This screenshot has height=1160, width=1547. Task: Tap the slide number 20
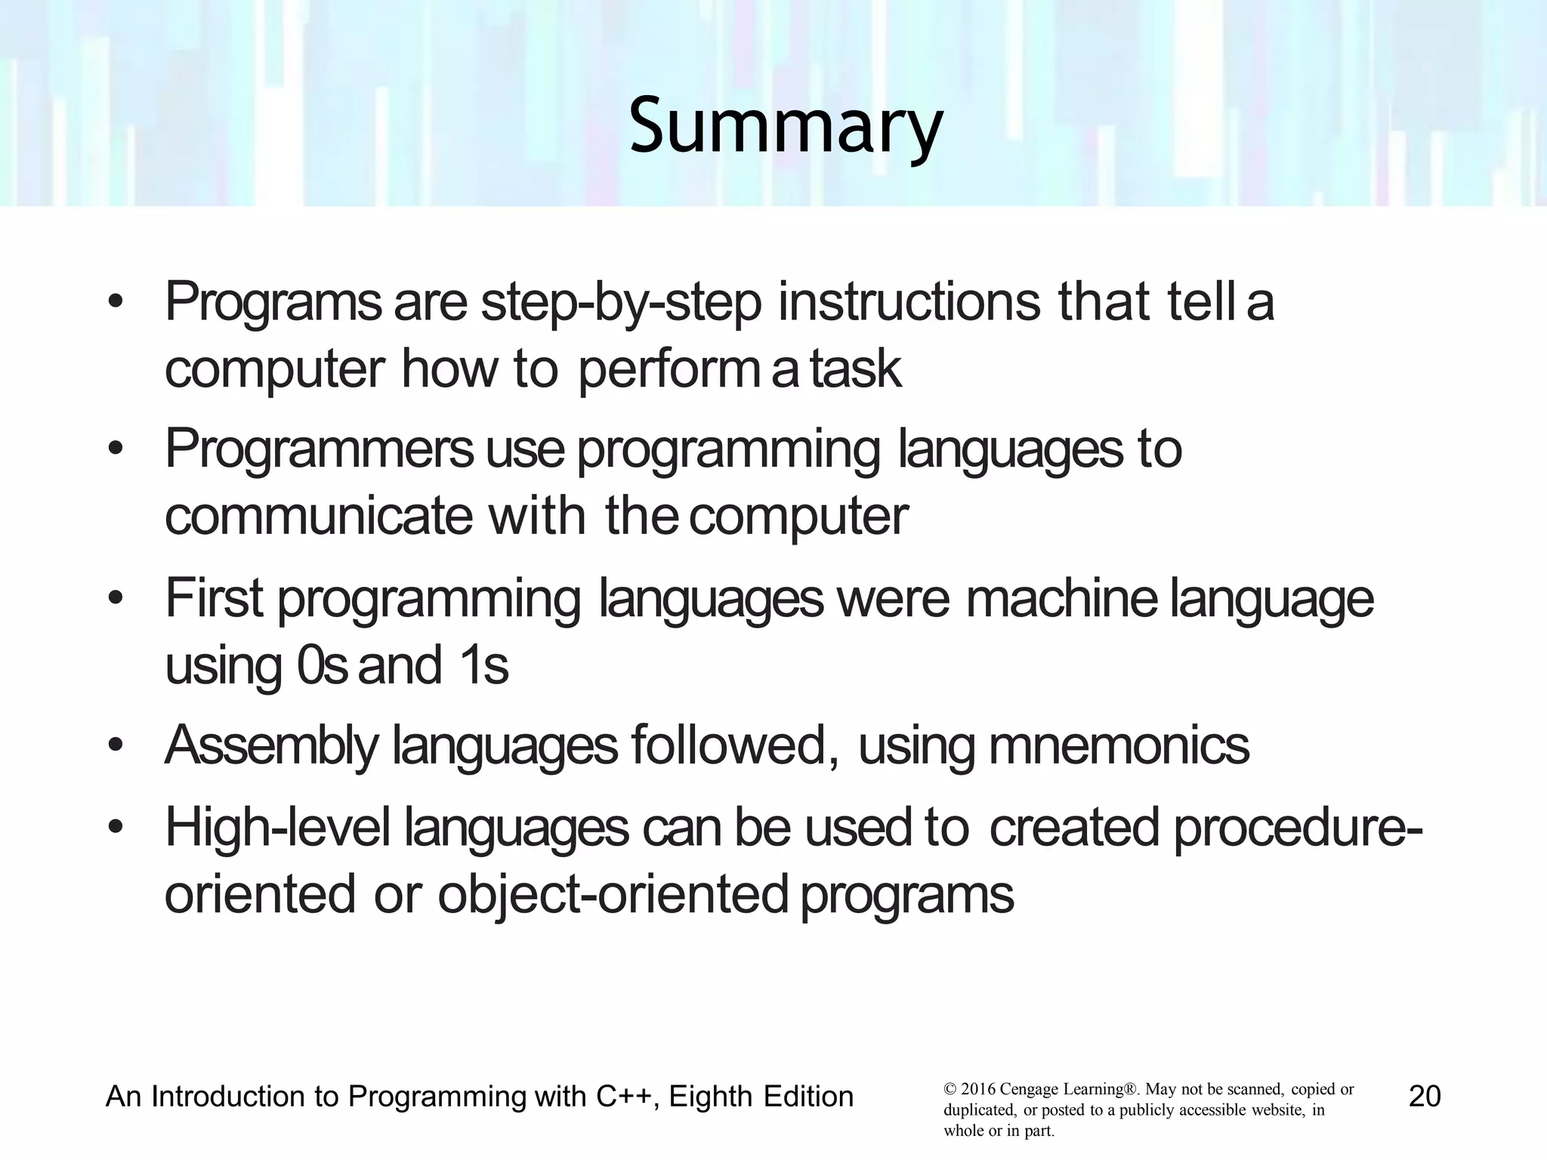click(1425, 1097)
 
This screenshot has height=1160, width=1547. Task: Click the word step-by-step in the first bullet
click(621, 302)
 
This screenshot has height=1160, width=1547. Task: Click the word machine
click(1061, 597)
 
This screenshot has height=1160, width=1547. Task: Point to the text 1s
click(483, 665)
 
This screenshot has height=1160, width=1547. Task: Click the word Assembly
click(270, 746)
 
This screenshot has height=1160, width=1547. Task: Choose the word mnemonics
click(1119, 745)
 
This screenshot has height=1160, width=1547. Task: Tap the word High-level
click(277, 827)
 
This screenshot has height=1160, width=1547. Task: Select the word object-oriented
click(613, 895)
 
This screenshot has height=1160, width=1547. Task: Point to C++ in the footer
click(623, 1097)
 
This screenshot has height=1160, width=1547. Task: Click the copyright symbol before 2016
click(950, 1090)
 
